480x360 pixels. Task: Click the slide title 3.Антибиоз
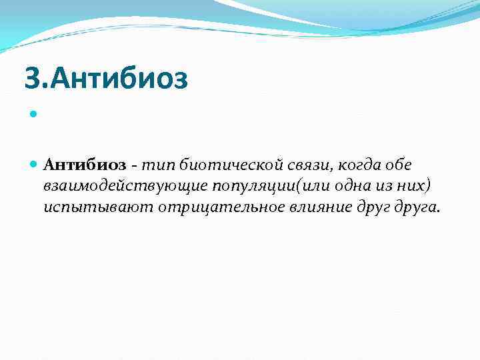107,79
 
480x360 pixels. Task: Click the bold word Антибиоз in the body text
84,165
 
